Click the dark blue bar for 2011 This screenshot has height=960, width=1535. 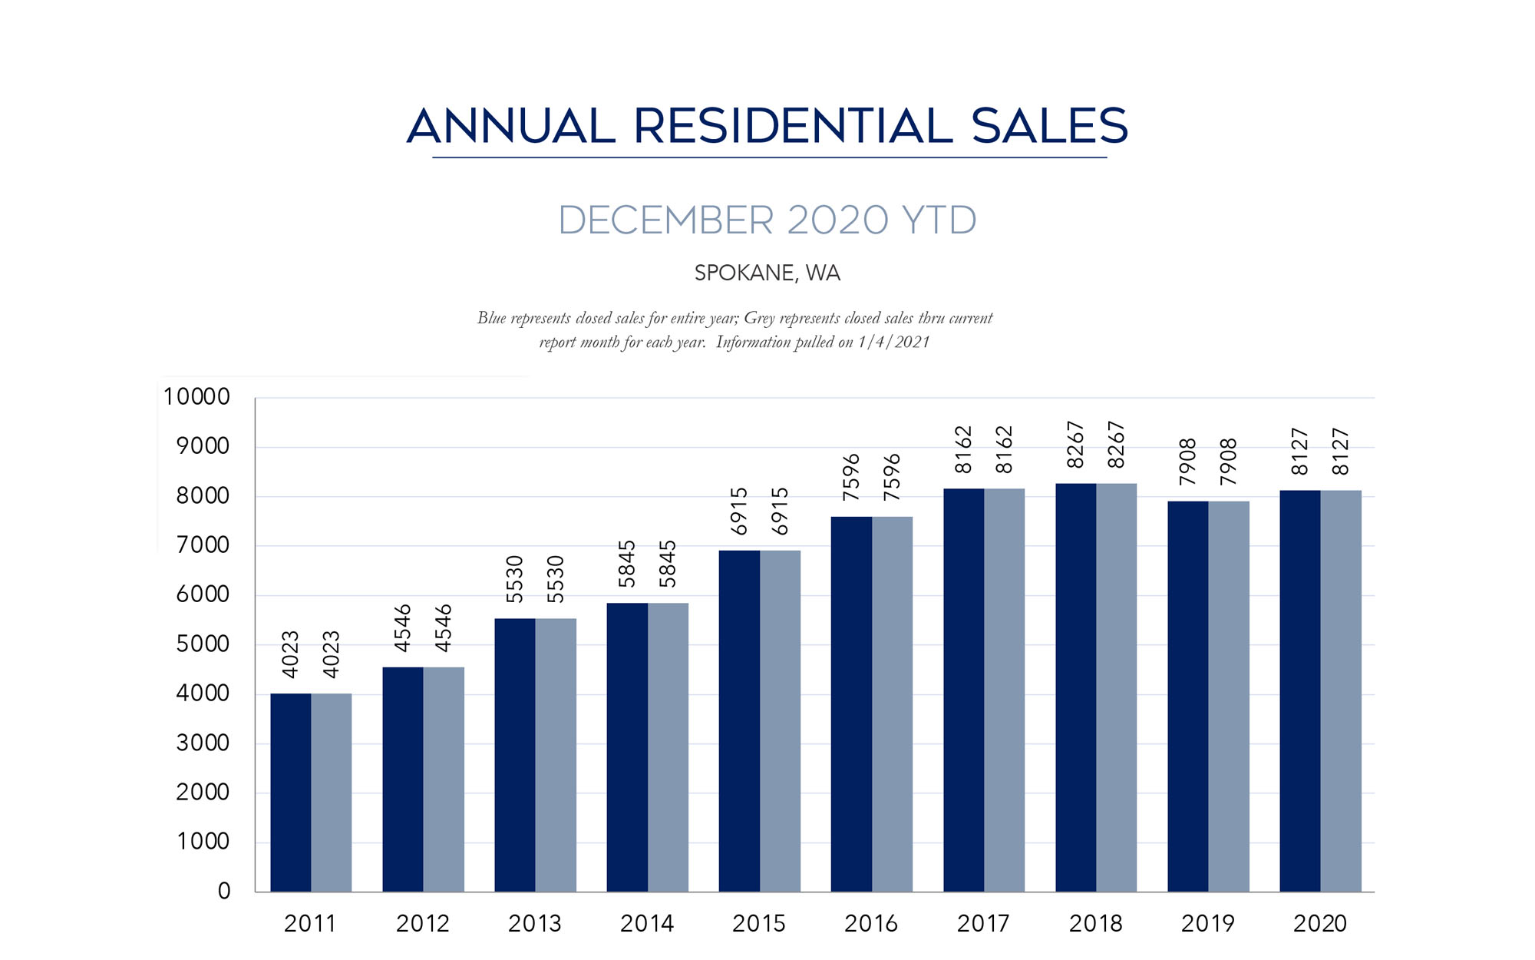291,792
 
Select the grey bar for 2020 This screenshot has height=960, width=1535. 1341,690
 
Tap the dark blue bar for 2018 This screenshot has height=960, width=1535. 1075,687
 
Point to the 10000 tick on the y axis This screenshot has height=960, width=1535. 196,397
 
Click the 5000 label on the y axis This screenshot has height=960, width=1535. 203,644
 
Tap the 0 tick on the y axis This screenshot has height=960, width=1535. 224,891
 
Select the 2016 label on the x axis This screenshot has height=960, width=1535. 871,923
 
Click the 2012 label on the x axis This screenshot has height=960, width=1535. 423,923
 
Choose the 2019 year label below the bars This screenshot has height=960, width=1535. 1208,923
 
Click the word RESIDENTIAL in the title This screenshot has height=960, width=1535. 793,126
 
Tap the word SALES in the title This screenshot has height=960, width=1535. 1049,126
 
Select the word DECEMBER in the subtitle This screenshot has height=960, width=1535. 665,220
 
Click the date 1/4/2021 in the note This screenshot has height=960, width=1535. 893,343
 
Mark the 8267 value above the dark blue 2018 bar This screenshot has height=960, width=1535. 1075,445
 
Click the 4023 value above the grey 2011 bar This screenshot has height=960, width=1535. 331,654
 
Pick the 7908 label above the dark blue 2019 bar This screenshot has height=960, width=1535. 1187,462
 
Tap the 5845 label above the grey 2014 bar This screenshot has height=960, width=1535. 668,564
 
